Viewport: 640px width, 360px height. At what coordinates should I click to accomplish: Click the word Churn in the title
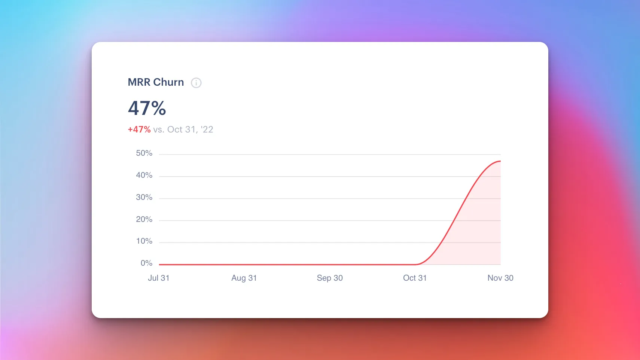(168, 82)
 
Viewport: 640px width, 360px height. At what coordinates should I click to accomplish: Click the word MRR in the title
(139, 82)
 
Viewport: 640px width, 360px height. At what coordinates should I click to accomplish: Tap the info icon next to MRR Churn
(196, 83)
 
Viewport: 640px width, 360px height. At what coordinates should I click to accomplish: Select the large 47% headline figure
(147, 108)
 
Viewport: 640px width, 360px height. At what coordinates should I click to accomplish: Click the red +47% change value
(139, 129)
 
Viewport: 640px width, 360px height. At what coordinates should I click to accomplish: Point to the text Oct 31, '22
(190, 129)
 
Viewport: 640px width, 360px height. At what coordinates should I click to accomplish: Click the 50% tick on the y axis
(144, 153)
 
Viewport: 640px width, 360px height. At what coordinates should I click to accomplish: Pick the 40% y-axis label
(144, 175)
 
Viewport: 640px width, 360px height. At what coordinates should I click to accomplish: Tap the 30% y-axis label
(144, 197)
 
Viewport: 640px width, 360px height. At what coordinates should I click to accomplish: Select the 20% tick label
(144, 219)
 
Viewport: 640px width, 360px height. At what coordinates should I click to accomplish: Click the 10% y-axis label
(144, 241)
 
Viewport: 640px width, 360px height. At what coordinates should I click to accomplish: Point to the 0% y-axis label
(146, 263)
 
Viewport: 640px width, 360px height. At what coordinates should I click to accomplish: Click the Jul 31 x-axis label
(159, 278)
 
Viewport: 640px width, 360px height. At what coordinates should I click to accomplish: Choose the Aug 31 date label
(244, 278)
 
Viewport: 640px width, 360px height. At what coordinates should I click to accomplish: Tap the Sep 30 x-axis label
(330, 278)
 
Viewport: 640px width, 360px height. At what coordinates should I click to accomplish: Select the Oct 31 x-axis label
(415, 278)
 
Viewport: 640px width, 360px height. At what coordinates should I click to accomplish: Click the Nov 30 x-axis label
(500, 278)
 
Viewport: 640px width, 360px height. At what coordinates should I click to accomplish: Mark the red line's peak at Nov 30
(500, 161)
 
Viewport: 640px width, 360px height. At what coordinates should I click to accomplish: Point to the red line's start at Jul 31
(160, 265)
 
